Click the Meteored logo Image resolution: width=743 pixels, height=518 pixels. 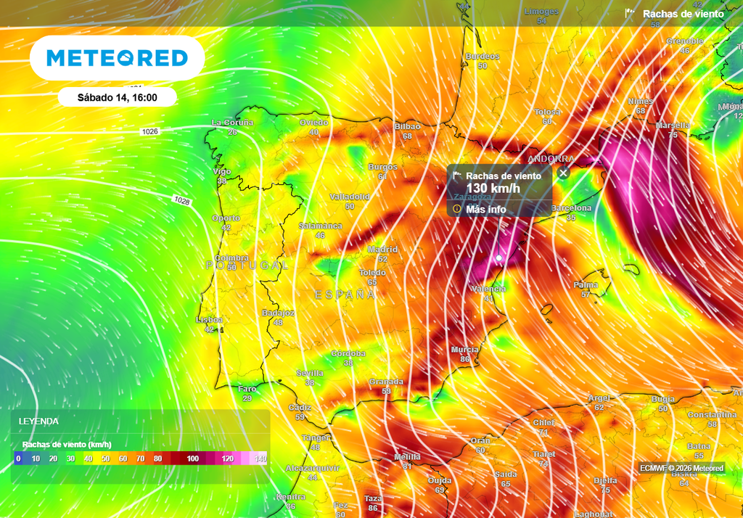click(117, 58)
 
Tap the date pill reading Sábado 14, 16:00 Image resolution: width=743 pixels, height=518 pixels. click(117, 96)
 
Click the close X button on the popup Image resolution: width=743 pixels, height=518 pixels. click(563, 173)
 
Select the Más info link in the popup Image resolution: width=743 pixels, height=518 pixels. click(485, 209)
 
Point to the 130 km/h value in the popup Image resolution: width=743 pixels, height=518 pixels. click(493, 189)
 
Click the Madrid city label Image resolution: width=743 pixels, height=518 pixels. click(382, 250)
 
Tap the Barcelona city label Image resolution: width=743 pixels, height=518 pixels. click(572, 208)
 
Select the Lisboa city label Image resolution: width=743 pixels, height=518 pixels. click(210, 319)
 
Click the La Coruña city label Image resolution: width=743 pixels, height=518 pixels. click(232, 123)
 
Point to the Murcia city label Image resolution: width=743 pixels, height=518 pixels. click(464, 350)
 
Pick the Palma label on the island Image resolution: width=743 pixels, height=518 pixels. click(586, 285)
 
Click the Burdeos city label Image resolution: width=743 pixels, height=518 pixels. click(483, 57)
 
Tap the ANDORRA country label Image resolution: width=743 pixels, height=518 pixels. click(551, 158)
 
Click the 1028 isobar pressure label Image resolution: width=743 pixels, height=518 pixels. click(182, 200)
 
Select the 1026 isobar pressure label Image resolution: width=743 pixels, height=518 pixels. click(150, 131)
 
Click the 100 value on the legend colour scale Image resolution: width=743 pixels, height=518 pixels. click(192, 459)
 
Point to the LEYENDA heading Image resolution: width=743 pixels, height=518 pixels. click(38, 422)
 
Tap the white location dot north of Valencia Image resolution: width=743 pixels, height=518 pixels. click(498, 258)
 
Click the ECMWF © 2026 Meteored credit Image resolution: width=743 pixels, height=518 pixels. click(681, 468)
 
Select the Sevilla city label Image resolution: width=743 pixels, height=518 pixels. click(310, 373)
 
